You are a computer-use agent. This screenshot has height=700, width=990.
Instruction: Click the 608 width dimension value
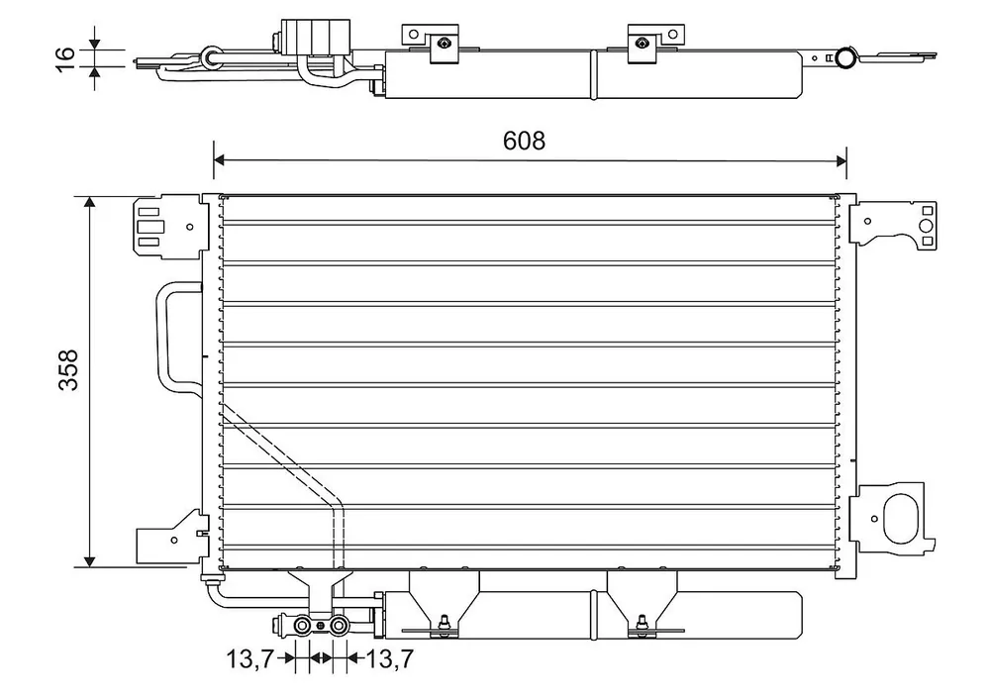pos(524,141)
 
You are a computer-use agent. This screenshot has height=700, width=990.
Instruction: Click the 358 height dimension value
pos(68,370)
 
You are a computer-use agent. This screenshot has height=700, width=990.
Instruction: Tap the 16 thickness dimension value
pos(65,58)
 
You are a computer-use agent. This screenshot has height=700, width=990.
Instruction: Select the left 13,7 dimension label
pos(249,659)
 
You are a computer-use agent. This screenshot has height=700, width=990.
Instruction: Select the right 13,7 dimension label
pos(389,659)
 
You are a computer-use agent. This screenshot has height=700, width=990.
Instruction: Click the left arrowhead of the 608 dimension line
pos(219,160)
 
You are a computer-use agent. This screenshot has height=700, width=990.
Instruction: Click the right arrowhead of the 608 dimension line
pos(841,160)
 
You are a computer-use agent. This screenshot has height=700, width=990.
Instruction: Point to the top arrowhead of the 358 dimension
pos(89,202)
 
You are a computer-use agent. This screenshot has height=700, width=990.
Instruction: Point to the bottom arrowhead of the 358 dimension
pos(89,561)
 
